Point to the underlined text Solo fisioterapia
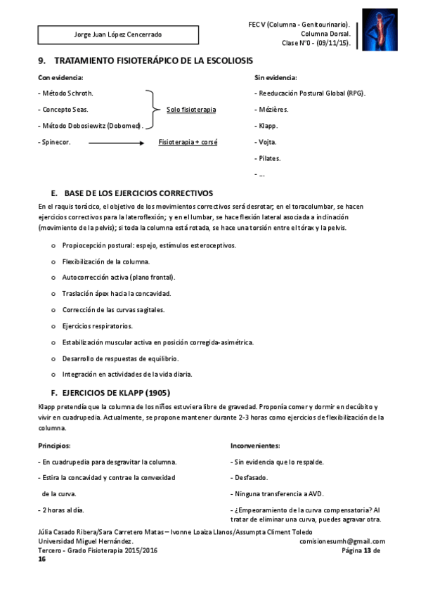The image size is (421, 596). click(x=191, y=110)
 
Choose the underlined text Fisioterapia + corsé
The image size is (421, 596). click(x=188, y=142)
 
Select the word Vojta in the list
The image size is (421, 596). click(x=266, y=142)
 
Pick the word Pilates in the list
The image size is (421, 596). click(x=268, y=158)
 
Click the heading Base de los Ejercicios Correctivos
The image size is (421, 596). click(x=138, y=193)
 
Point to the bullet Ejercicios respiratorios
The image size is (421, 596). click(x=97, y=326)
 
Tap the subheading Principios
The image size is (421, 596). click(x=54, y=446)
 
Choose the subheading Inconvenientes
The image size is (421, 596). click(x=255, y=446)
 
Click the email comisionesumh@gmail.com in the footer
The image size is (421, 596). click(x=342, y=541)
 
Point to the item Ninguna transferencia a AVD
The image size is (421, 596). click(x=275, y=493)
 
